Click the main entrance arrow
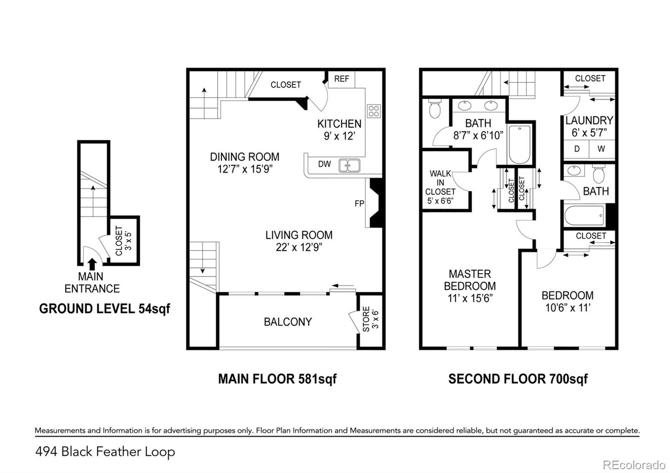point(92,264)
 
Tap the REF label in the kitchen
point(342,79)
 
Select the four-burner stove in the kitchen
point(374,111)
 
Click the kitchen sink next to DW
point(349,165)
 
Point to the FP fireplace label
point(360,203)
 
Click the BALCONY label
point(288,322)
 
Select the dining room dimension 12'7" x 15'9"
point(245,169)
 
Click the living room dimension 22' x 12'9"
point(299,247)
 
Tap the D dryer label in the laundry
point(577,149)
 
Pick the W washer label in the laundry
point(601,149)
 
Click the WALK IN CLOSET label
point(440,187)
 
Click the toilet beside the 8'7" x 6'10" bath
point(435,109)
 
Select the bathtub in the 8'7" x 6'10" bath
point(520,144)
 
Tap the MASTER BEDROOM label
point(470,280)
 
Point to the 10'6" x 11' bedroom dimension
point(568,308)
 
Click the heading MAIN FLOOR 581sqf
point(277,379)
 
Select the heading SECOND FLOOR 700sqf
point(518,379)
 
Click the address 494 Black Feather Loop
point(105,452)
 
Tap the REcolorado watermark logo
point(634,465)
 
